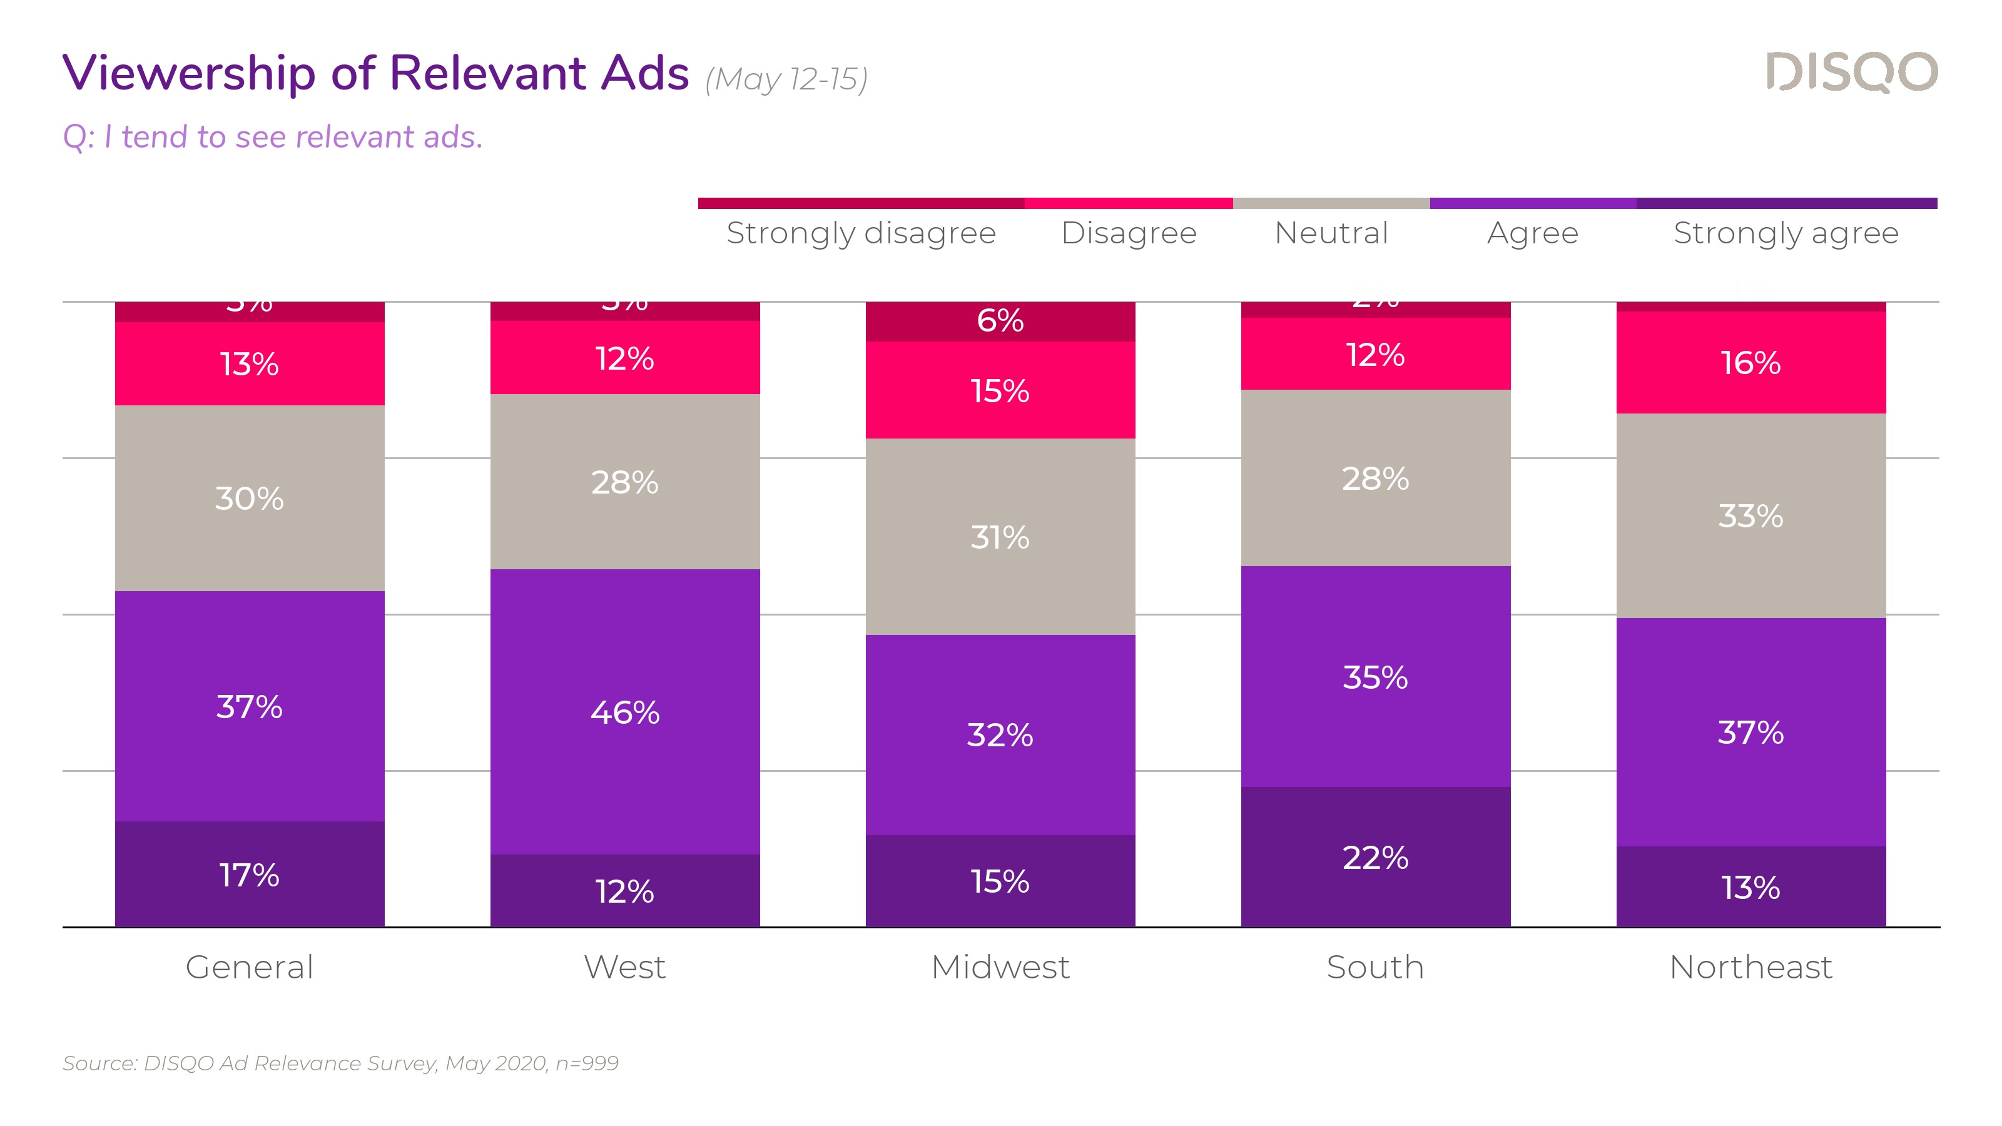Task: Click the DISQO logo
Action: (x=1851, y=73)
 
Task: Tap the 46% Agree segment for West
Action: (x=625, y=712)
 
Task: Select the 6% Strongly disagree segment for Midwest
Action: (x=1000, y=321)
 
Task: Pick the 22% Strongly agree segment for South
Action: (x=1375, y=857)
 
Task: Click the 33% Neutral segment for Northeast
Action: (x=1750, y=515)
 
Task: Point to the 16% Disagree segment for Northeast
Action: (x=1750, y=362)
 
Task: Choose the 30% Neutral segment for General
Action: (x=250, y=498)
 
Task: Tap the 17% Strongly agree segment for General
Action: (x=250, y=875)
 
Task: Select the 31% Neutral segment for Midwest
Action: (x=1000, y=537)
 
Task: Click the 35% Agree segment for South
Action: (x=1375, y=677)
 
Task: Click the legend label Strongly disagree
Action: (x=860, y=233)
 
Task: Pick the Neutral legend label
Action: (x=1331, y=233)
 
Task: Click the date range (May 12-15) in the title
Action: (x=786, y=79)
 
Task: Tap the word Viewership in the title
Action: (x=189, y=73)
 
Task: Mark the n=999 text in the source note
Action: (x=587, y=1063)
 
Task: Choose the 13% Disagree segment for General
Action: (x=250, y=363)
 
